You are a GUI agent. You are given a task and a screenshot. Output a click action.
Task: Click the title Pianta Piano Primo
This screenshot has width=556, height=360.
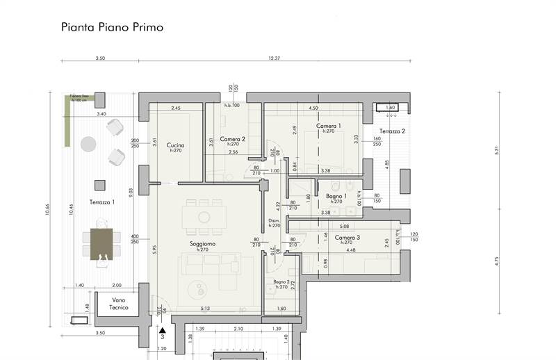(x=112, y=28)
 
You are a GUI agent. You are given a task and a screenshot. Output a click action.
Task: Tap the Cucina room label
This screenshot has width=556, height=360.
(x=174, y=145)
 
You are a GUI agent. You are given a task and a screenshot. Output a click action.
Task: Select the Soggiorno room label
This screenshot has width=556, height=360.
(x=203, y=244)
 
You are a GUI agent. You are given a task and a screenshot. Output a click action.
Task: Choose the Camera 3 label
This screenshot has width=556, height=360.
(x=347, y=238)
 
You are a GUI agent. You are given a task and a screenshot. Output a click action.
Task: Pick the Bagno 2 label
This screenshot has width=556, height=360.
(x=281, y=281)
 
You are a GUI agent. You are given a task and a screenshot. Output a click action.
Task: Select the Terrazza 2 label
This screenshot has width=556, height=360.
(x=393, y=131)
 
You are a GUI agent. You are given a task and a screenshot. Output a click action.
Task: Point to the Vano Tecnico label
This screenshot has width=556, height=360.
(x=119, y=304)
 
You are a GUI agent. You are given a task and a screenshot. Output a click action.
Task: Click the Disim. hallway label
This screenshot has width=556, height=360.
(x=274, y=222)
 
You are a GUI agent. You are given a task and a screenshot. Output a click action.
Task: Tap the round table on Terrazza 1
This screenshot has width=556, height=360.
(x=88, y=144)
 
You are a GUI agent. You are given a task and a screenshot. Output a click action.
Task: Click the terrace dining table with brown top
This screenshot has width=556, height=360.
(x=101, y=243)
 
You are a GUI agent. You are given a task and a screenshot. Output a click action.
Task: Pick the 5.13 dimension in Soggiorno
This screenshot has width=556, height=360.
(x=206, y=309)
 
